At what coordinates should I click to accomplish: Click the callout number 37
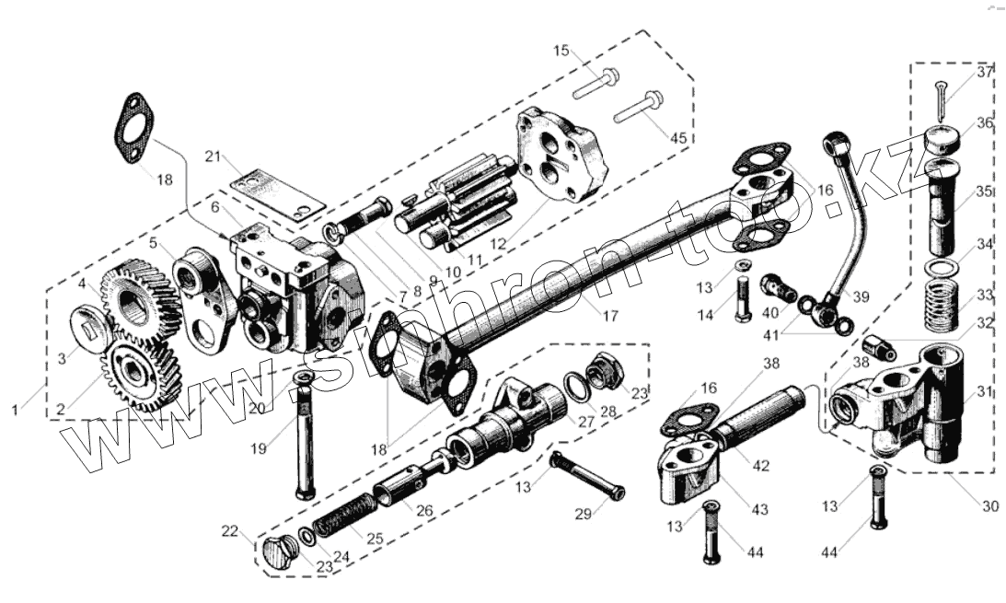986,72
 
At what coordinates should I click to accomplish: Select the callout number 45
678,138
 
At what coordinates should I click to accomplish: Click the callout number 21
214,157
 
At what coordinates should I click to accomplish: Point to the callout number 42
760,466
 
